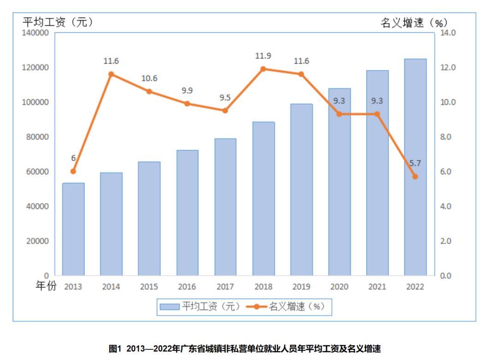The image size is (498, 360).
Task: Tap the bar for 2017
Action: (225, 207)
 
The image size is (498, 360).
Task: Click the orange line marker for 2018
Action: (263, 69)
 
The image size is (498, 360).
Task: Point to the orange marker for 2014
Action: (111, 74)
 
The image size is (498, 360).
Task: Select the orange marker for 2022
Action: (415, 176)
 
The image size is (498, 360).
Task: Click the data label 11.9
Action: (263, 56)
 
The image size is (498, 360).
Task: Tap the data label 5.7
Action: (415, 163)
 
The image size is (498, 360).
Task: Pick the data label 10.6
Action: (149, 78)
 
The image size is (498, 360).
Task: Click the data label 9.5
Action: (225, 97)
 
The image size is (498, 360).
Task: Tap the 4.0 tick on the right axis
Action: (447, 206)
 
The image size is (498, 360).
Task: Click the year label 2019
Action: (301, 287)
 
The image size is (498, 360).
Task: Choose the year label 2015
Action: (149, 287)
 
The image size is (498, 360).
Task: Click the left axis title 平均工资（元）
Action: (59, 22)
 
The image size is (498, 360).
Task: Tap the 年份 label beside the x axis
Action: (46, 287)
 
